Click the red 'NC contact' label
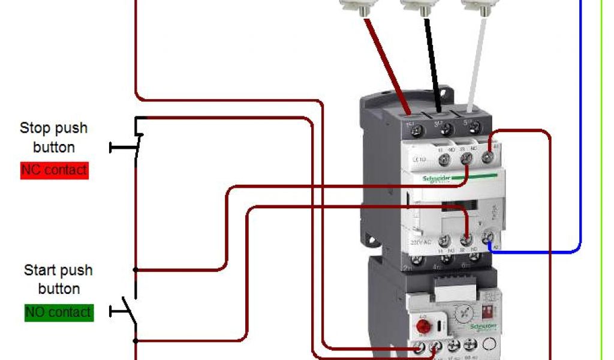point(54,170)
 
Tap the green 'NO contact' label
point(59,312)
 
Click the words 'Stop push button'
point(54,137)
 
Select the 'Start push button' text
point(59,279)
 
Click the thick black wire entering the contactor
point(433,66)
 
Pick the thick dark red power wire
point(387,66)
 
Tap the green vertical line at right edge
point(601,180)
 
